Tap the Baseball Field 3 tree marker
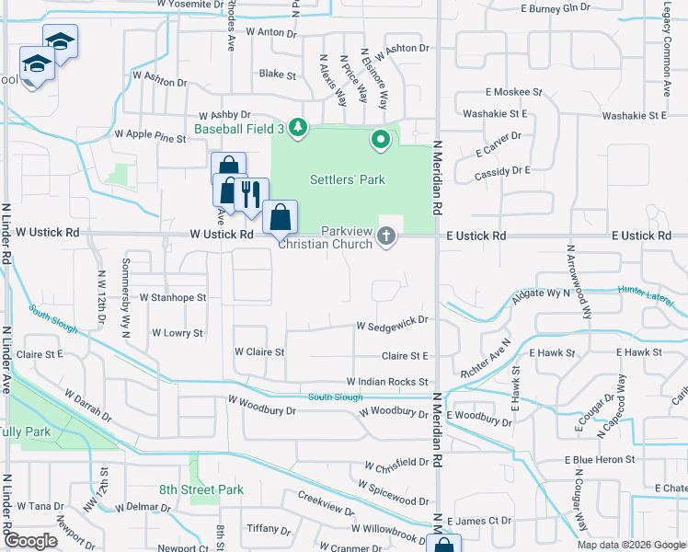(x=297, y=127)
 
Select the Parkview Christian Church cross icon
(x=386, y=237)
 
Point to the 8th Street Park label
(x=201, y=489)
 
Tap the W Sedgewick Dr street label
(x=393, y=320)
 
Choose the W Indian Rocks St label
(x=387, y=381)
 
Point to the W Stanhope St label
(x=173, y=298)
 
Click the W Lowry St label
(x=177, y=333)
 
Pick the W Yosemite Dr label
(x=190, y=5)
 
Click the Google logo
(x=31, y=541)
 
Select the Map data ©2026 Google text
(x=630, y=545)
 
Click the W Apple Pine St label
(x=150, y=135)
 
